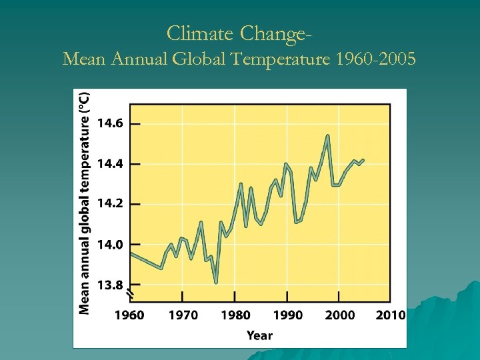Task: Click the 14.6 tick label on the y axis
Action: [110, 123]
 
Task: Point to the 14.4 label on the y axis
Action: [110, 164]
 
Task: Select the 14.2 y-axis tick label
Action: [110, 204]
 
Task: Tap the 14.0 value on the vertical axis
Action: [110, 245]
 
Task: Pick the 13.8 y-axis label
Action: [110, 285]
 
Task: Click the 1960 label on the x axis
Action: [130, 315]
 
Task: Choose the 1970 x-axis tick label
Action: [182, 315]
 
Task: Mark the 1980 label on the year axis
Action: [235, 315]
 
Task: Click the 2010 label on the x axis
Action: [391, 315]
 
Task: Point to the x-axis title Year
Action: [259, 335]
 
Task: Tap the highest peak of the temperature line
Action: [328, 136]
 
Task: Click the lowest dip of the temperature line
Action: [216, 282]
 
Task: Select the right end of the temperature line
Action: [363, 160]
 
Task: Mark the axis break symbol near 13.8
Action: [131, 292]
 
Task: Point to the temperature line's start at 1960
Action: [131, 253]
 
